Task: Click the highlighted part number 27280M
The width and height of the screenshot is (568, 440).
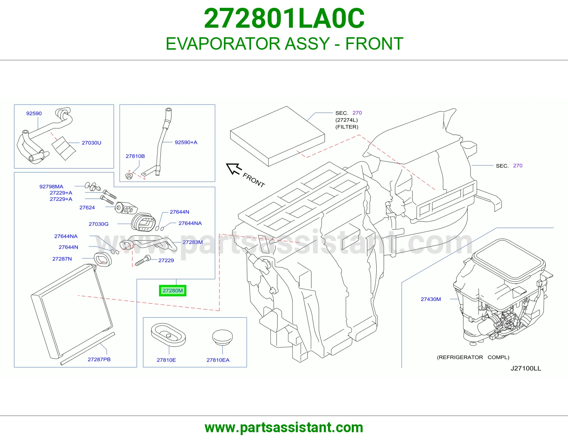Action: [x=173, y=291]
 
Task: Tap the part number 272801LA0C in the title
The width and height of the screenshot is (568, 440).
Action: [x=284, y=18]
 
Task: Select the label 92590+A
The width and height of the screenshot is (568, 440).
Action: [x=186, y=142]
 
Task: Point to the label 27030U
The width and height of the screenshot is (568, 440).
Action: [x=92, y=143]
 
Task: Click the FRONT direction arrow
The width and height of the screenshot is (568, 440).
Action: [x=234, y=169]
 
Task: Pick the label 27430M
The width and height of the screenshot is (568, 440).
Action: [x=431, y=299]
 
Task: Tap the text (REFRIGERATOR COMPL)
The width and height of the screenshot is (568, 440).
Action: [x=473, y=357]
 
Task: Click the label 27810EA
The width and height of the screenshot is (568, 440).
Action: [x=218, y=360]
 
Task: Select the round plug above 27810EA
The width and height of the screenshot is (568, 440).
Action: [x=223, y=337]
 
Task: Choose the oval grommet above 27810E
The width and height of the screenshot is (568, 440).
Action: [x=168, y=335]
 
